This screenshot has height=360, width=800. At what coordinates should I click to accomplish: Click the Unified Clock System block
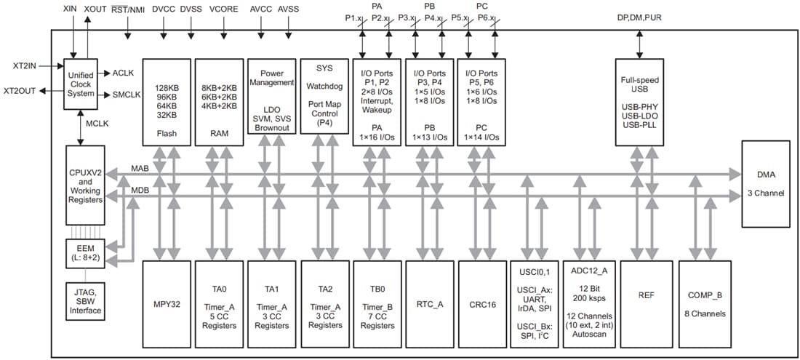(x=81, y=84)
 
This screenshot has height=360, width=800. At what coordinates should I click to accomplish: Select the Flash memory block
(x=167, y=102)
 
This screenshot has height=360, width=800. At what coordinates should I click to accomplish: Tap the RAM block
(x=219, y=102)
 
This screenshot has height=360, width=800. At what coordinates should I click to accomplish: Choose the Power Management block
(x=271, y=102)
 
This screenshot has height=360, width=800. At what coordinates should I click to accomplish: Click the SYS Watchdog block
(x=324, y=102)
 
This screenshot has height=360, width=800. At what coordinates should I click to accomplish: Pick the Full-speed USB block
(x=639, y=102)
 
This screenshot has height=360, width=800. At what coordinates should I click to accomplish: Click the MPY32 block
(x=167, y=303)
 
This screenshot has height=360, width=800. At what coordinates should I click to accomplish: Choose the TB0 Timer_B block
(x=377, y=303)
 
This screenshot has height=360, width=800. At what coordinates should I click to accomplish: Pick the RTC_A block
(x=429, y=303)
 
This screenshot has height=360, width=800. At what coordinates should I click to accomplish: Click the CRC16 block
(x=481, y=303)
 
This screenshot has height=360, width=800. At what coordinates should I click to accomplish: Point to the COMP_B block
(x=704, y=303)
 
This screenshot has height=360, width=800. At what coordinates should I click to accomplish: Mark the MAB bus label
(x=140, y=169)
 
